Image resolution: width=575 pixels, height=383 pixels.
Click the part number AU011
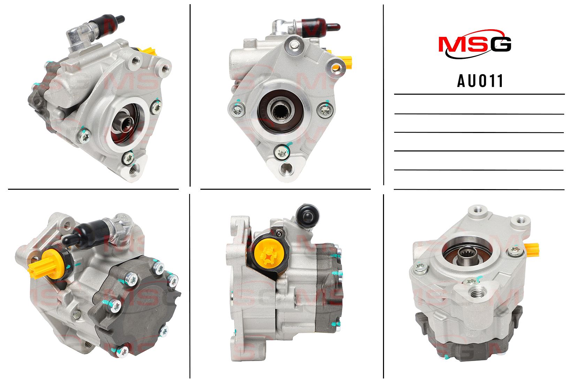(x=480, y=81)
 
